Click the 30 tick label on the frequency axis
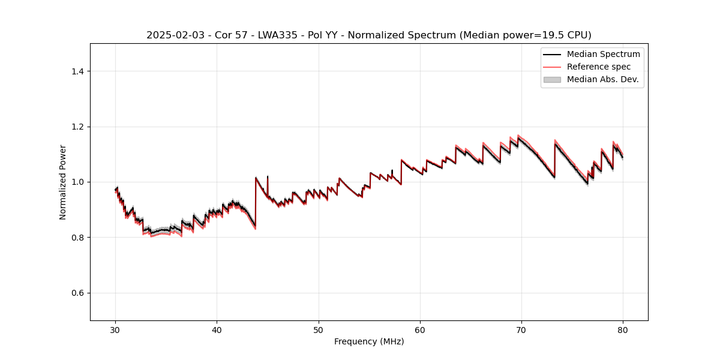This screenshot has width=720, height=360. pos(116,329)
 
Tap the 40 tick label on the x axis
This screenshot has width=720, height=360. pos(217,329)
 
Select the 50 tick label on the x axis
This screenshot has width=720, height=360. pos(319,329)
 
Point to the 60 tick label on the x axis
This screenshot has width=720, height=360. pos(420,329)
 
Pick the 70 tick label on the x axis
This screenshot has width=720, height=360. pos(521,329)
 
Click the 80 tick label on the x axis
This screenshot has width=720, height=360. pos(623,329)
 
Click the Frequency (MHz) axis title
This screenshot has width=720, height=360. pos(369,341)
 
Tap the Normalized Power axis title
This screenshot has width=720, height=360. pos(63,182)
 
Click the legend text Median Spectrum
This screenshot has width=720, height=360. pos(603,54)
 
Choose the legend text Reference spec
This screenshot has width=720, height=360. pos(599,67)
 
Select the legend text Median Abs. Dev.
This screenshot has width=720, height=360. pos(602,79)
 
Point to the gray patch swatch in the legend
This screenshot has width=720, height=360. pos(552,79)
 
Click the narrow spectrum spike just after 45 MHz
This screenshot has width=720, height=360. pos(268,178)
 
